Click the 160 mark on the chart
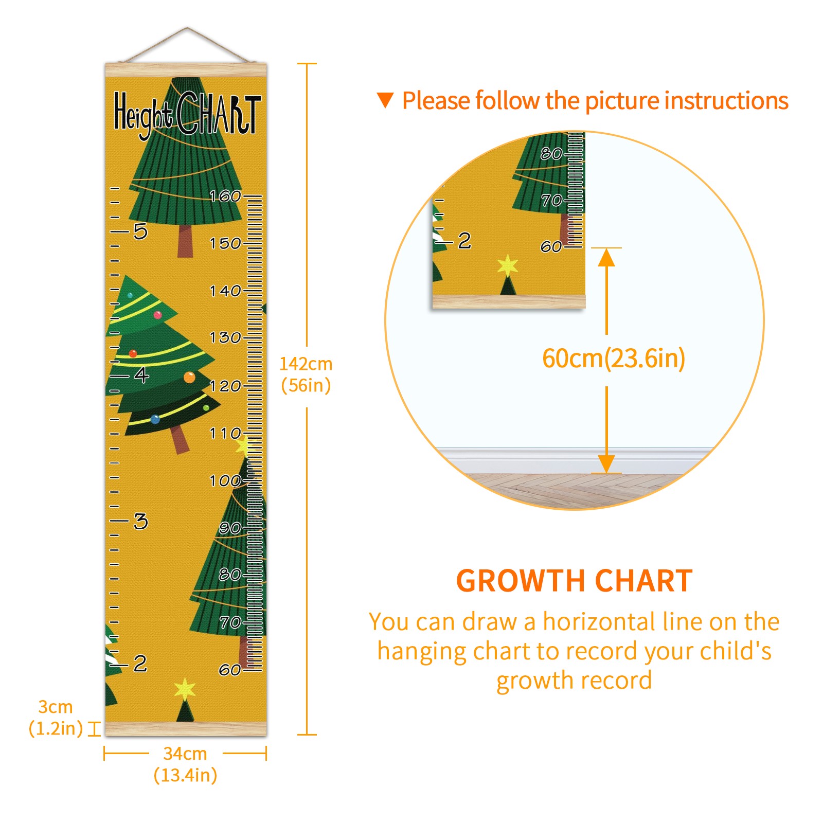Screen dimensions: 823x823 (x=225, y=196)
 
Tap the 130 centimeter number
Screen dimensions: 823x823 (x=225, y=337)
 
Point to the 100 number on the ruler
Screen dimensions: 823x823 (x=225, y=480)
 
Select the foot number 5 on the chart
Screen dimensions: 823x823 (x=140, y=231)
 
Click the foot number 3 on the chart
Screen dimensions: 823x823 (x=140, y=521)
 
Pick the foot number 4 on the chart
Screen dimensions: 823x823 (x=141, y=375)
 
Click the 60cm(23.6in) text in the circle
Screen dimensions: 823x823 (x=614, y=358)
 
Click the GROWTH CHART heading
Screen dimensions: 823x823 (x=575, y=581)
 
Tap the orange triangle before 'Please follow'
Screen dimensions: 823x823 (x=385, y=100)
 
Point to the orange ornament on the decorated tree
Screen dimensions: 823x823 (x=189, y=378)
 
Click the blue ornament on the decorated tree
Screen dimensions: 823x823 (x=155, y=419)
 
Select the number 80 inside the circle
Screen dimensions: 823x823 (x=551, y=153)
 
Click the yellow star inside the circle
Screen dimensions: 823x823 (x=507, y=265)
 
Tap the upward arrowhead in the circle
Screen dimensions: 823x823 (x=606, y=257)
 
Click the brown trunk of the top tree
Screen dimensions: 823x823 (x=185, y=241)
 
